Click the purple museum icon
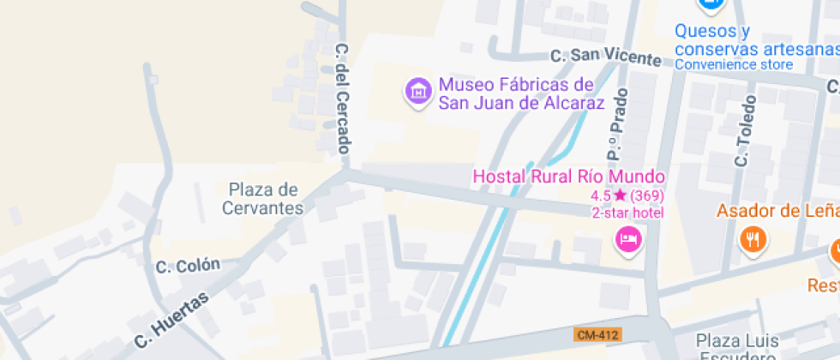point(418,89)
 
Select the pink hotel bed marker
point(629,237)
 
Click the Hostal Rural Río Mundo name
point(569,177)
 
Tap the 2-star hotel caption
point(627,213)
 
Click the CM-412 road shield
point(598,334)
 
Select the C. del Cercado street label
point(343,99)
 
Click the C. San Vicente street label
point(605,57)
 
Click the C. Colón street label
point(188,266)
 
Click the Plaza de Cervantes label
point(263,198)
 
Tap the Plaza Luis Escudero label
point(736,346)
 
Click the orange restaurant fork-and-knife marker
point(753,238)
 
